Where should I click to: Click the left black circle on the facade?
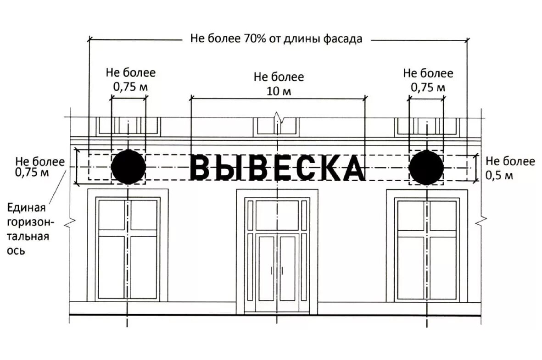point(129,167)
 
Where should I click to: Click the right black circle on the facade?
point(426,167)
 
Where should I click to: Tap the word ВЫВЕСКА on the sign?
point(277,168)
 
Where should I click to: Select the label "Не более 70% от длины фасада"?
point(276,39)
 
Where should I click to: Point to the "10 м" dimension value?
point(279,91)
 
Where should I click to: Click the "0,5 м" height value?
point(499,175)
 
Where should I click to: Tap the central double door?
point(277,273)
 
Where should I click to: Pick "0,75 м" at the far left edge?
point(32,173)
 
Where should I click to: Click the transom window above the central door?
point(277,215)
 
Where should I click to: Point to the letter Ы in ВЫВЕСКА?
point(226,168)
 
